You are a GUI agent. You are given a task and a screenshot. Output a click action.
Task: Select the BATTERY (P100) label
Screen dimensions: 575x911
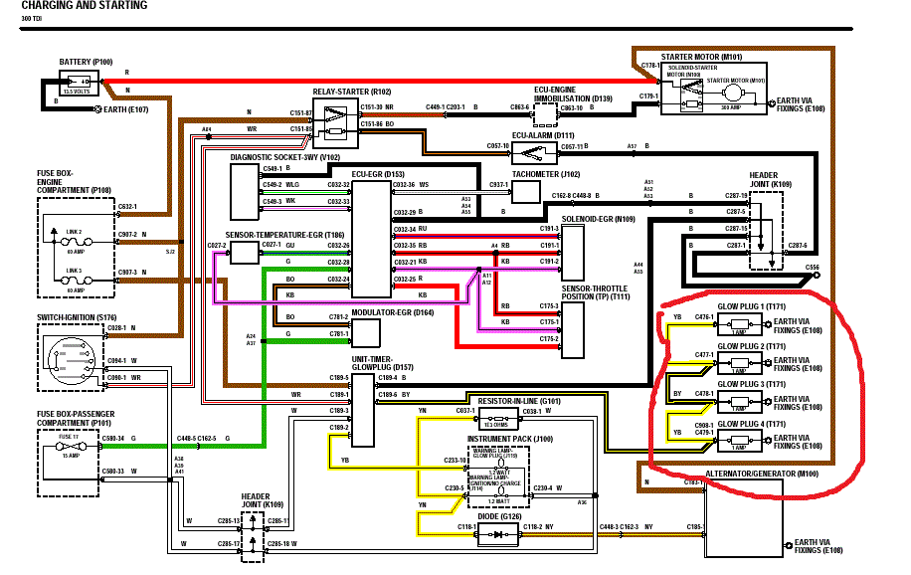click(87, 62)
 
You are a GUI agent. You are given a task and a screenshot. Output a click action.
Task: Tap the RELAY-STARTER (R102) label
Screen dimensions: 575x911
click(352, 91)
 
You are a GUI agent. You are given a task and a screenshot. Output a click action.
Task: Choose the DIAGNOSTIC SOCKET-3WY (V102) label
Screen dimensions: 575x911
click(285, 157)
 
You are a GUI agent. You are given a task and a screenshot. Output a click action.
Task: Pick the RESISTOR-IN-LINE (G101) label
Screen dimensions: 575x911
click(519, 402)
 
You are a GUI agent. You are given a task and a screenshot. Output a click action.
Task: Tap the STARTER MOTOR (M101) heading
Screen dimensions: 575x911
click(706, 58)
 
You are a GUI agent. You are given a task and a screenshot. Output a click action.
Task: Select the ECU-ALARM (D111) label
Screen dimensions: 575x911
click(544, 134)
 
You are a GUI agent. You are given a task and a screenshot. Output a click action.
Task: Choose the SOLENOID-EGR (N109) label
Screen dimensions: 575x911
click(598, 218)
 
